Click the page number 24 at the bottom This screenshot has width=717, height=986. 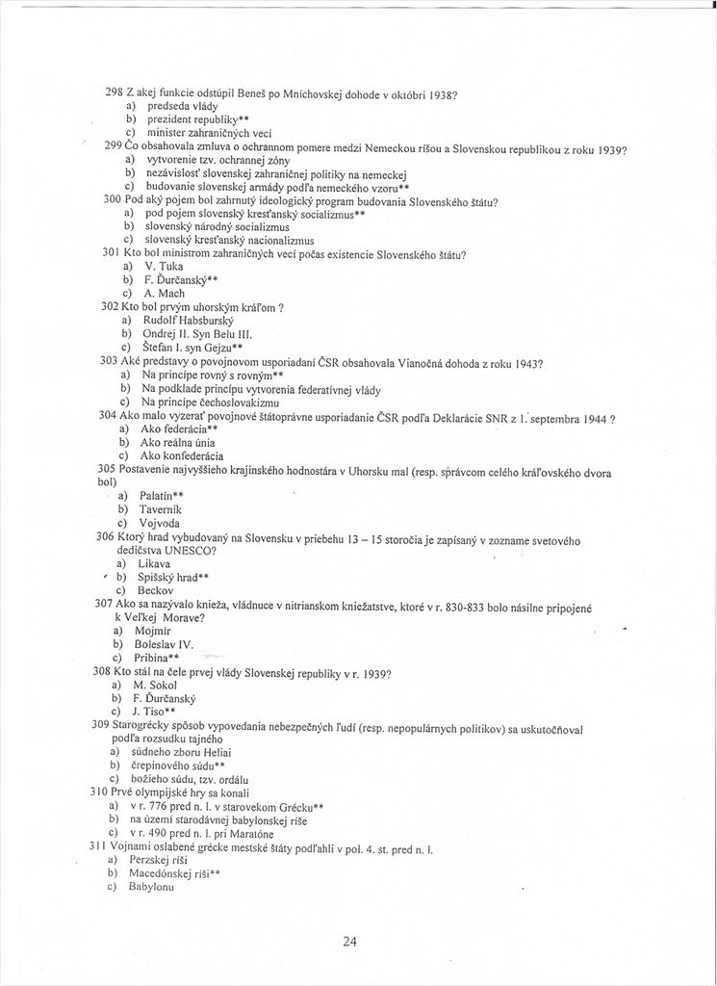(349, 941)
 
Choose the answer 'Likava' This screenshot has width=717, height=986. (155, 561)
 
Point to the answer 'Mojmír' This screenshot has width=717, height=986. (158, 630)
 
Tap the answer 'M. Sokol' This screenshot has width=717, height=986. (164, 684)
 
